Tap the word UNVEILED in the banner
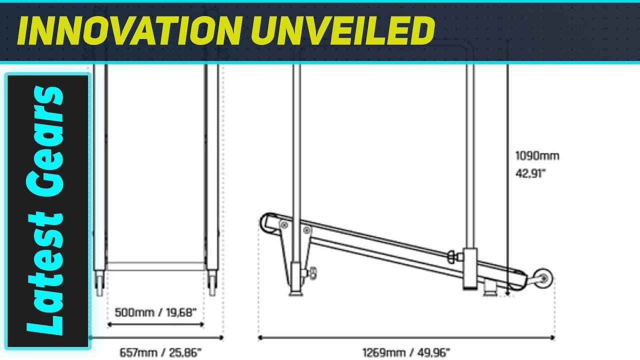tap(343, 30)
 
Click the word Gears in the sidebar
tap(45, 141)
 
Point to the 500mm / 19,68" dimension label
tap(155, 312)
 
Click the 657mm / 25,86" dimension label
tap(160, 352)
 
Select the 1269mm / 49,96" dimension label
tap(406, 352)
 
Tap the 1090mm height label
tap(537, 156)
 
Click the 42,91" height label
tap(530, 173)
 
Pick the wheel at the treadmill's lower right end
tap(543, 278)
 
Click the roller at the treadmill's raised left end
tap(268, 222)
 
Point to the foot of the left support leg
tap(296, 292)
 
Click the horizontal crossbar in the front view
tap(155, 266)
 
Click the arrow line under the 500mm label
tap(155, 324)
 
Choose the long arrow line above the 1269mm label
tap(406, 338)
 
